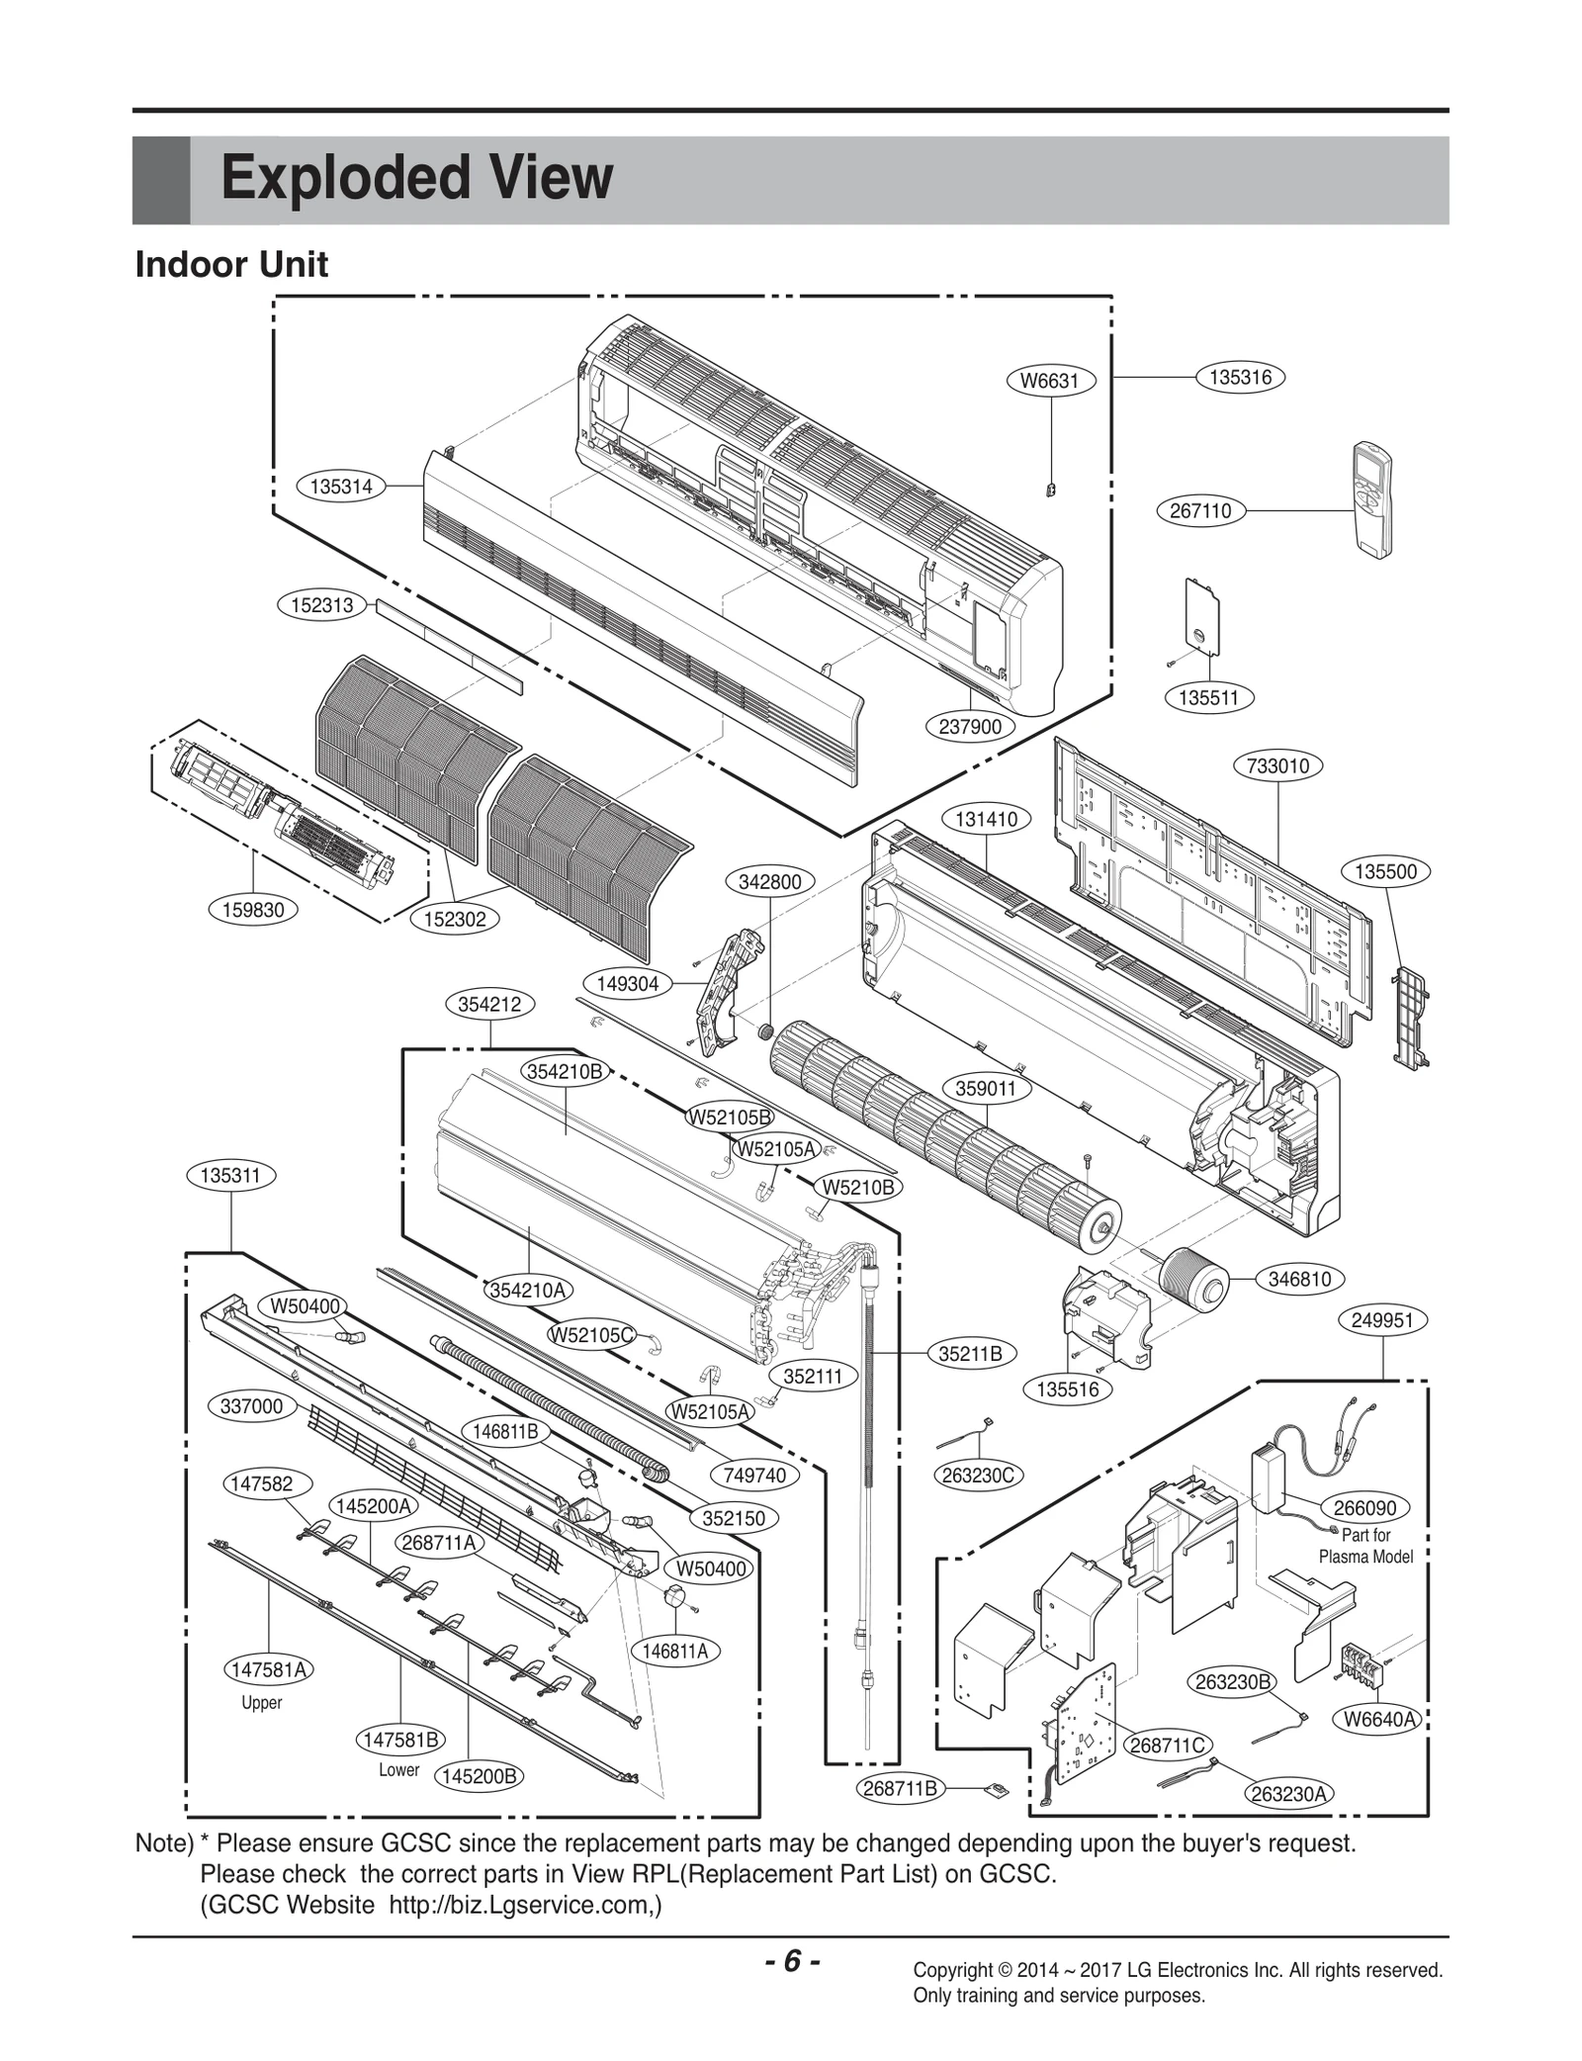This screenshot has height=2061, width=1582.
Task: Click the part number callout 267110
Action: (1200, 510)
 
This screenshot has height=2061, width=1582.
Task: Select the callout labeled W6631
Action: (1050, 381)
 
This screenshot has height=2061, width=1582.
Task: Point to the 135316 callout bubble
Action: (1240, 377)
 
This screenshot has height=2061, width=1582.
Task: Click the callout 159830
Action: (253, 910)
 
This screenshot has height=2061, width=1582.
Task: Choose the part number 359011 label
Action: (986, 1089)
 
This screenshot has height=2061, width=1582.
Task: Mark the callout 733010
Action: (1277, 765)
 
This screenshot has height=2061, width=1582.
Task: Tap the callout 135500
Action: (1385, 871)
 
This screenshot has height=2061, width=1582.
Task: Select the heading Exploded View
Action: (416, 179)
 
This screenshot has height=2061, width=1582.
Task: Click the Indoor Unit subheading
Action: (231, 265)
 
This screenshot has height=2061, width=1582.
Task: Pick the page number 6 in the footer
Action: (791, 1961)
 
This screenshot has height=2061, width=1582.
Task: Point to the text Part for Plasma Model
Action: (1365, 1546)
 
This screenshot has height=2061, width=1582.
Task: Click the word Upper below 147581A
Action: (262, 1702)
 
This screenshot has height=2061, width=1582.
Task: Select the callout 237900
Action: (970, 726)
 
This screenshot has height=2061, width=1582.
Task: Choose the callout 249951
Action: (1382, 1320)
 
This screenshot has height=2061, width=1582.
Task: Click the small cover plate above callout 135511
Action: (1201, 615)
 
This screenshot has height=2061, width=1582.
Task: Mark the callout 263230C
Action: (978, 1476)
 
